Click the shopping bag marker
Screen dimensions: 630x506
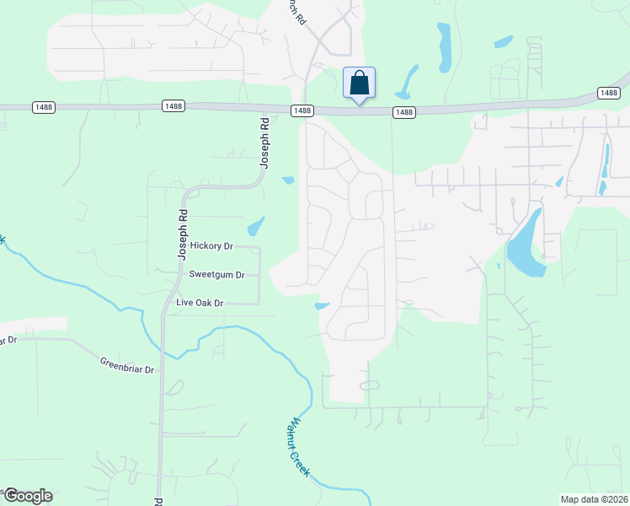359,83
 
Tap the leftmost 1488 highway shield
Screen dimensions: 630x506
44,106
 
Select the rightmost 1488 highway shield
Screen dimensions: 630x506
608,92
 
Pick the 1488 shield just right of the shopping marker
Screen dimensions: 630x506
404,112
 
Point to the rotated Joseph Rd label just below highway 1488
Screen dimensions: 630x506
264,143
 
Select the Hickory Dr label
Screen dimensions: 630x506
211,245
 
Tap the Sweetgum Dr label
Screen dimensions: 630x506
216,274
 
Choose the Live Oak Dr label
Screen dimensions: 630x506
200,302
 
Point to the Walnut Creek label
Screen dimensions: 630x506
299,447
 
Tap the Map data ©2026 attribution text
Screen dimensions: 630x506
593,499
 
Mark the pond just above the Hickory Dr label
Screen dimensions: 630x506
255,225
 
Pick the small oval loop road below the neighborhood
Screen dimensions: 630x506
369,385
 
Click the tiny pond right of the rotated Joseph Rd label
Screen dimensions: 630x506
288,180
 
